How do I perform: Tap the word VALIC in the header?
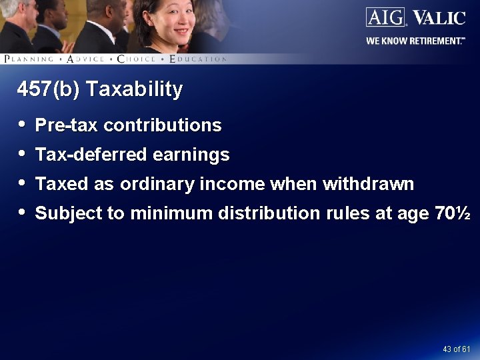[x=438, y=17]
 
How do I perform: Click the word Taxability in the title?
[x=135, y=89]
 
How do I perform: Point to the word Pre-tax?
[x=67, y=125]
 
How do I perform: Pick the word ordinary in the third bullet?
[x=151, y=184]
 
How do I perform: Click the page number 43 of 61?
[x=457, y=349]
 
